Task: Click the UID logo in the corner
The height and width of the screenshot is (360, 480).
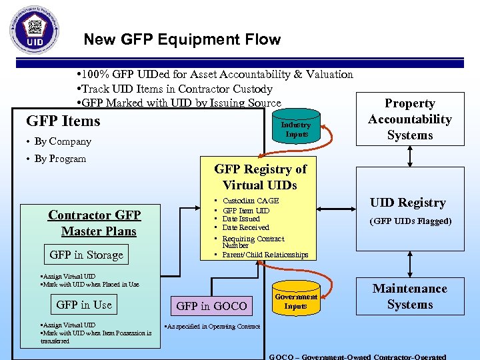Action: click(34, 30)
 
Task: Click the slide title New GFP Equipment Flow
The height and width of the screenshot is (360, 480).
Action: click(182, 39)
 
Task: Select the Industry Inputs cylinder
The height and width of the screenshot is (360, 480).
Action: click(295, 128)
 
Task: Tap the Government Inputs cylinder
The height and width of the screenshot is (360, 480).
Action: click(295, 301)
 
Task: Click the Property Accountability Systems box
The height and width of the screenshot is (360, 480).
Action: click(410, 119)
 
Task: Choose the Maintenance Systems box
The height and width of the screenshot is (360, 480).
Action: click(410, 297)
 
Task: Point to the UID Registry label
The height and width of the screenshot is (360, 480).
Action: click(407, 203)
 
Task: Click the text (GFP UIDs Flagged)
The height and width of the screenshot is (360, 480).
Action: click(411, 221)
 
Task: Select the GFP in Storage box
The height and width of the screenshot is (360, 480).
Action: click(86, 255)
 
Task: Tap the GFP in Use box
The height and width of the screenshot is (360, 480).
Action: click(84, 305)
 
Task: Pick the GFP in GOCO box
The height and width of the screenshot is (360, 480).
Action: click(211, 306)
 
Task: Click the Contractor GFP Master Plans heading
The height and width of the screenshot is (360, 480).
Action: click(95, 223)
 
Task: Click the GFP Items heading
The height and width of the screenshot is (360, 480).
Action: click(63, 121)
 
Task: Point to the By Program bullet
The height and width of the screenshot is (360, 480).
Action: click(60, 159)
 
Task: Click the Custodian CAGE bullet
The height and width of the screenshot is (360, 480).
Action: click(251, 201)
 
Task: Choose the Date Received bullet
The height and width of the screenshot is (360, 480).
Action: click(245, 227)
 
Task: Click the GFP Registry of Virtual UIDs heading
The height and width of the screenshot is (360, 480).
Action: click(260, 177)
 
